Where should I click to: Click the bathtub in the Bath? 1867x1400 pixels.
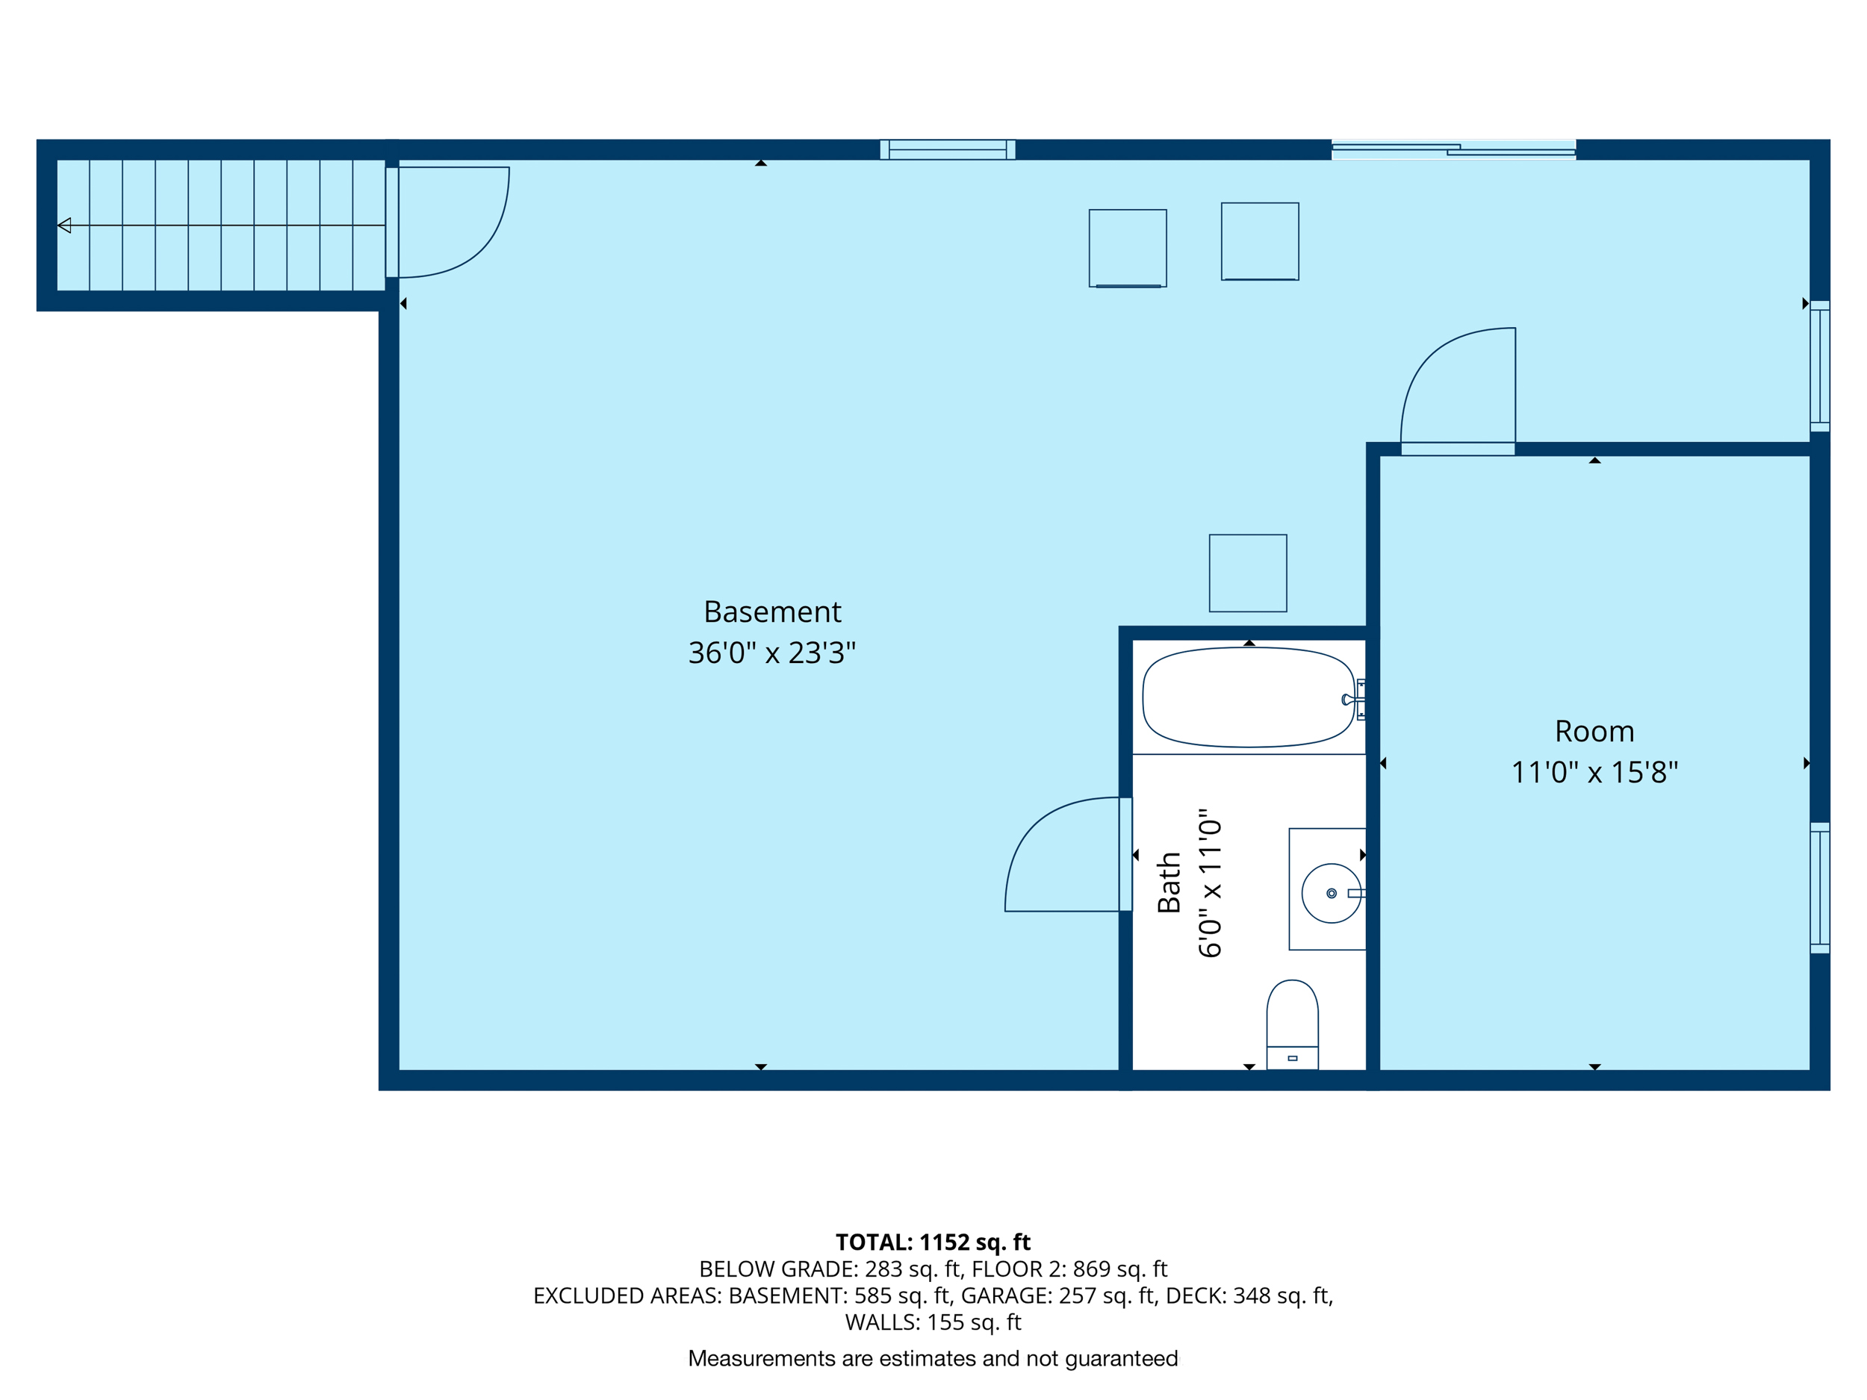[x=1247, y=697]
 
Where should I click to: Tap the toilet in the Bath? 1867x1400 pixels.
[x=1292, y=1024]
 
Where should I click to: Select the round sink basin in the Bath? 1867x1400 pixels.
[x=1331, y=893]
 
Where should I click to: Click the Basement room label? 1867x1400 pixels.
[x=772, y=612]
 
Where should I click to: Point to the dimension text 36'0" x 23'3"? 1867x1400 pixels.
[x=771, y=653]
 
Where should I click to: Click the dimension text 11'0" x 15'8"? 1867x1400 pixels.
[x=1594, y=772]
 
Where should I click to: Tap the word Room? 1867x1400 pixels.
[x=1594, y=731]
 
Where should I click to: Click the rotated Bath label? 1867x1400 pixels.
[x=1169, y=883]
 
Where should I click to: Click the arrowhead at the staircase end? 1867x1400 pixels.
[x=64, y=225]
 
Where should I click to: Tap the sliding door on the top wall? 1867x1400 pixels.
[x=1453, y=150]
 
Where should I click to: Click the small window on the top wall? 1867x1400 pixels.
[x=947, y=149]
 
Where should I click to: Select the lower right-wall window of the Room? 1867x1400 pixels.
[x=1820, y=889]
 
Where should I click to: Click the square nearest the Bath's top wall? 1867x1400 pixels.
[x=1247, y=573]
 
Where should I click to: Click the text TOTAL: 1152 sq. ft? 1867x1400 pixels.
[x=933, y=1242]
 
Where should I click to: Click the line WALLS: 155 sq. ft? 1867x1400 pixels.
[x=933, y=1322]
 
